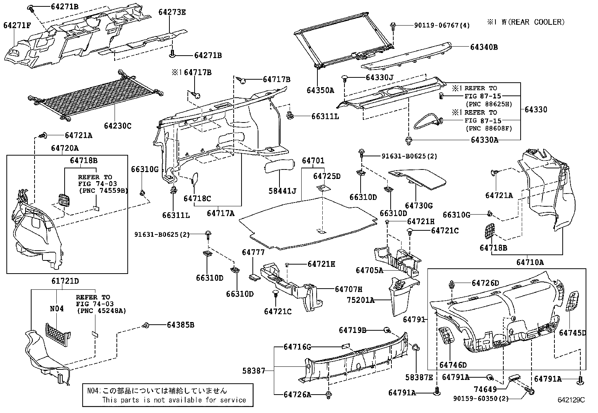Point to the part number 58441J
pyautogui.click(x=282, y=191)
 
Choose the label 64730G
pyautogui.click(x=418, y=206)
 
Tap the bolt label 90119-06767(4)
pyautogui.click(x=442, y=25)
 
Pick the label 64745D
pyautogui.click(x=572, y=333)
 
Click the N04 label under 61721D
pyautogui.click(x=57, y=309)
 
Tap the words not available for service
pyautogui.click(x=210, y=400)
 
